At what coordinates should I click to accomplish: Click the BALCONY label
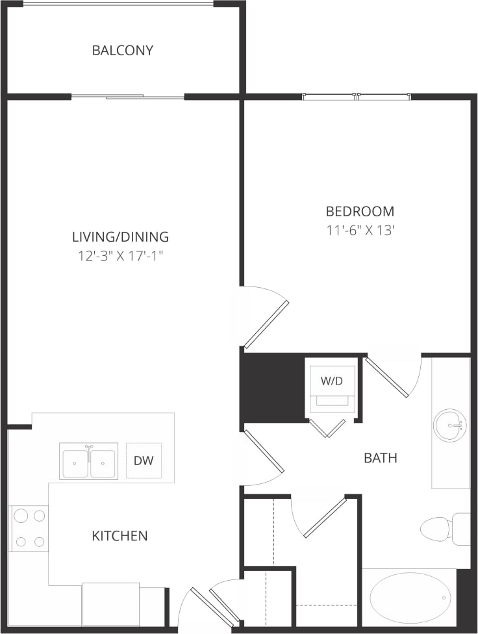click(x=123, y=50)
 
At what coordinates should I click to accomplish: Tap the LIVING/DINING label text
click(x=120, y=236)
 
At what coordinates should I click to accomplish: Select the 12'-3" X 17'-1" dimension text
click(x=120, y=256)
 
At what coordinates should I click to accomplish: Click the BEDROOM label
click(x=360, y=211)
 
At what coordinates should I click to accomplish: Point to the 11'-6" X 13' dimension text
click(x=360, y=231)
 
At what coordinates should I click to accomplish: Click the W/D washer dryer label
click(x=331, y=381)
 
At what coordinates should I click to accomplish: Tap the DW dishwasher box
click(x=144, y=461)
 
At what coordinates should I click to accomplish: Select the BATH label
click(x=380, y=458)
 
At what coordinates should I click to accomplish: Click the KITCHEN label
click(x=120, y=536)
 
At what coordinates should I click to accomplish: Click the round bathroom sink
click(x=449, y=425)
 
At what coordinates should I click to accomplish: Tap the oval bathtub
click(x=409, y=598)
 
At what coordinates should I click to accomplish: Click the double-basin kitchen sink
click(x=88, y=461)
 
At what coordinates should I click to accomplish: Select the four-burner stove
click(x=29, y=528)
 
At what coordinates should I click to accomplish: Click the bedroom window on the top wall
click(x=357, y=97)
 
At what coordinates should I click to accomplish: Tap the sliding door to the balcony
click(x=128, y=97)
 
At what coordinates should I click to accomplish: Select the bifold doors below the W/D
click(x=327, y=427)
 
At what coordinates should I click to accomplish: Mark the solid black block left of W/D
click(x=273, y=388)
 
